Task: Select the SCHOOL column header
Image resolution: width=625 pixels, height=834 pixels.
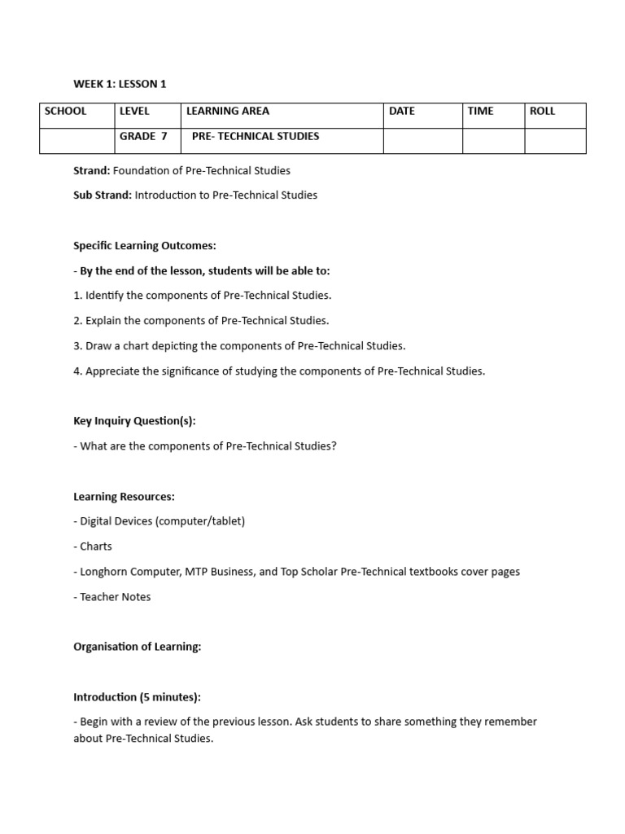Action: [x=65, y=112]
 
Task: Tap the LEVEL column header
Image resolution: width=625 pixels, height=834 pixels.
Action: [x=134, y=112]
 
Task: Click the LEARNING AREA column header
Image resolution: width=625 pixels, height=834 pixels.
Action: [x=228, y=112]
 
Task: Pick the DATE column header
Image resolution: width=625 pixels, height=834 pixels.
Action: [x=402, y=112]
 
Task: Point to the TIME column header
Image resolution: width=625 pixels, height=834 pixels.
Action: [x=480, y=112]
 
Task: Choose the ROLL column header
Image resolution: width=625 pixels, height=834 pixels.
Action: [x=543, y=112]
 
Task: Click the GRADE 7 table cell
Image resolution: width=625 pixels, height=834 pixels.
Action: [x=143, y=137]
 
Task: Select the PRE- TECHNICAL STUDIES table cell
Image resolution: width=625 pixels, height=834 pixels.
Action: [x=256, y=137]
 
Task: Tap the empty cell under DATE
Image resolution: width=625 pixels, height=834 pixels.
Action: [x=422, y=140]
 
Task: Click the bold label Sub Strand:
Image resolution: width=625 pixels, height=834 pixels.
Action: [x=103, y=195]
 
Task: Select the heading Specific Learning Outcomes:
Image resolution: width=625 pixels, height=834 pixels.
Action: [x=145, y=245]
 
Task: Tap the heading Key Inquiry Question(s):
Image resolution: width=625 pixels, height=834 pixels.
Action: [x=134, y=421]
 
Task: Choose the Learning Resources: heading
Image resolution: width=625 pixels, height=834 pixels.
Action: [x=124, y=496]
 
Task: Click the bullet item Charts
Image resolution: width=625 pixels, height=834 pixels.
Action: [x=96, y=546]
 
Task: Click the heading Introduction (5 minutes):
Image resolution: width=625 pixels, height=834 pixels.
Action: [x=137, y=697]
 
